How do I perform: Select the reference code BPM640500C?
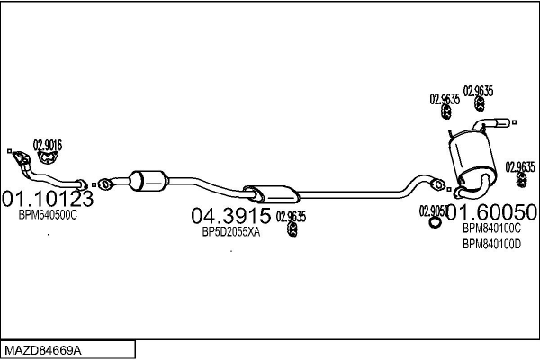click(48, 216)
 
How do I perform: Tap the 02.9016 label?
click(48, 145)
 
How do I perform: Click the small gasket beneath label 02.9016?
click(49, 158)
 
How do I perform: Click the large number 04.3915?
click(230, 216)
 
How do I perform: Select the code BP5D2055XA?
click(230, 232)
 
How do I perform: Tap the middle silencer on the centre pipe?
click(272, 192)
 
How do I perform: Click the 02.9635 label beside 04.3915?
click(291, 216)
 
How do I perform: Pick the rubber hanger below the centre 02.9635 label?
click(292, 232)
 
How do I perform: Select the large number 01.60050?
click(491, 212)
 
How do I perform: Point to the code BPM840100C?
click(491, 229)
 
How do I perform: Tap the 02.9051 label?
click(432, 211)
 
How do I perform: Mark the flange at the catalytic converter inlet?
click(105, 184)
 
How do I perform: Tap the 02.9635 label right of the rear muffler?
click(520, 166)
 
